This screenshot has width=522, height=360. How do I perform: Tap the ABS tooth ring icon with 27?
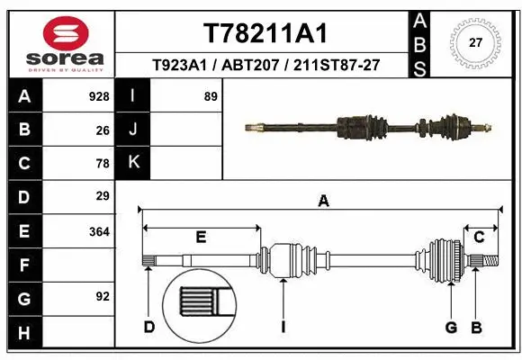tap(476, 41)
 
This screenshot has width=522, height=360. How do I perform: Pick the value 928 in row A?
tap(99, 96)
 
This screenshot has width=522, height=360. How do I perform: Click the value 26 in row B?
tap(103, 130)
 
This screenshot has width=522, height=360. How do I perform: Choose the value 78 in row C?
tap(103, 163)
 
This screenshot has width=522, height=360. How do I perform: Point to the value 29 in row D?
tap(103, 196)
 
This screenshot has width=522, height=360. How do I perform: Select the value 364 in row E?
tap(99, 231)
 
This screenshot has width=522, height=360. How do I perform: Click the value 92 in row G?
tap(103, 295)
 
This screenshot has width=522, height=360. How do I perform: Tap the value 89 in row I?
tap(211, 96)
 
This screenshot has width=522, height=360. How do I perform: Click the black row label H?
tap(23, 333)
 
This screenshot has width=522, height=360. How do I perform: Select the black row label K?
tap(133, 163)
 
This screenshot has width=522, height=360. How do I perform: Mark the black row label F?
tap(23, 265)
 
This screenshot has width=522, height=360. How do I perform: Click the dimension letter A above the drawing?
tap(322, 202)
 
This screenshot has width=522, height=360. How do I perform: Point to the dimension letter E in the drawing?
tap(202, 238)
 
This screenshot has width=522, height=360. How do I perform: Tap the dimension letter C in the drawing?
tap(480, 237)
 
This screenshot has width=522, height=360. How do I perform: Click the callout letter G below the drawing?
tap(451, 326)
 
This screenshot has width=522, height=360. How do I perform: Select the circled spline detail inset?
tap(197, 302)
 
